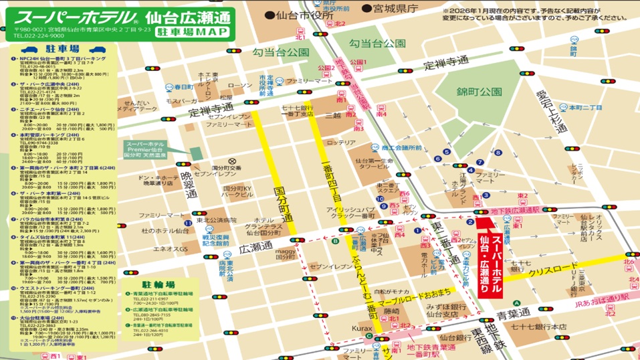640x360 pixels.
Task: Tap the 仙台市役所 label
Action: coord(299,15)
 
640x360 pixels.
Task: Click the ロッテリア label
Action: coord(341,143)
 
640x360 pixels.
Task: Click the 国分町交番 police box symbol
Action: coord(232,161)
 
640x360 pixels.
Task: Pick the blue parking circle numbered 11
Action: coord(189,221)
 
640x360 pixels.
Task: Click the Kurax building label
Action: coord(362,329)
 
